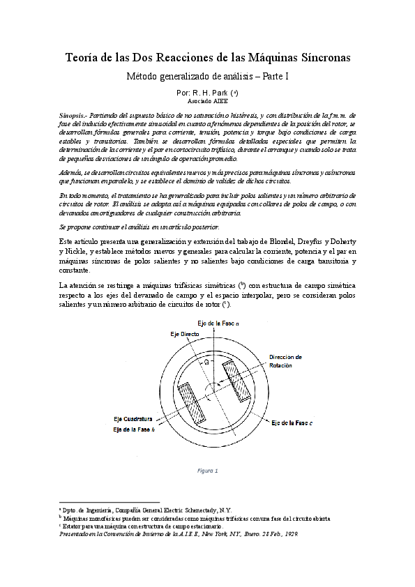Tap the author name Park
(x=222, y=92)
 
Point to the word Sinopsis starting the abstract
(x=73, y=112)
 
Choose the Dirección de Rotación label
(x=285, y=361)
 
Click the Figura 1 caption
(x=207, y=470)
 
